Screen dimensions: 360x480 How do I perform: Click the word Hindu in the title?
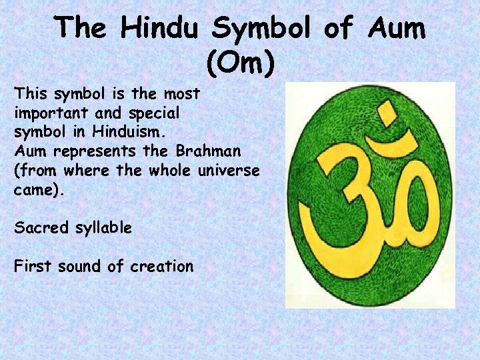(162, 28)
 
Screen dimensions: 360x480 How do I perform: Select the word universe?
(229, 170)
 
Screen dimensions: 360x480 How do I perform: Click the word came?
(37, 189)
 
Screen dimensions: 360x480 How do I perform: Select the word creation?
(161, 267)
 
